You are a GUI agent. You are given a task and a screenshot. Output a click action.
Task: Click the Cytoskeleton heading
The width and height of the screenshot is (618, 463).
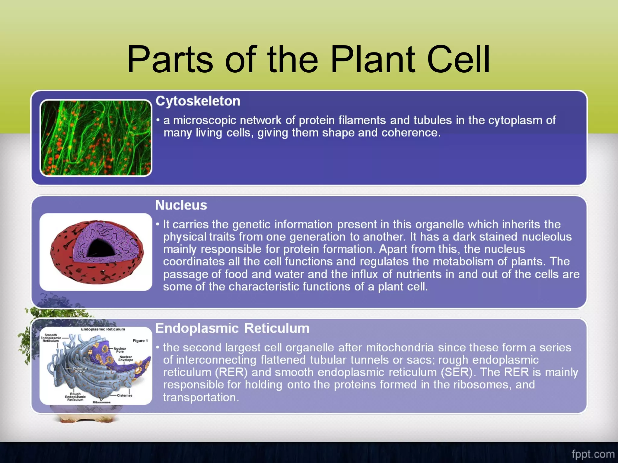pyautogui.click(x=198, y=101)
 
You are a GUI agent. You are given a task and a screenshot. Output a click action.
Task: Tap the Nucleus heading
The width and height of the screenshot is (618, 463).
pyautogui.click(x=181, y=205)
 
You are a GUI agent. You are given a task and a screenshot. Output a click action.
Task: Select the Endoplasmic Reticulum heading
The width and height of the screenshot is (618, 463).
pyautogui.click(x=232, y=328)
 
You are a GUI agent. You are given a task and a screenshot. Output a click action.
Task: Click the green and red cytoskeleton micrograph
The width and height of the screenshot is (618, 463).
pyautogui.click(x=96, y=138)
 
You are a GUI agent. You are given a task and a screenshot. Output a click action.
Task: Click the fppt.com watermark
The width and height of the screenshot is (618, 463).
pyautogui.click(x=593, y=454)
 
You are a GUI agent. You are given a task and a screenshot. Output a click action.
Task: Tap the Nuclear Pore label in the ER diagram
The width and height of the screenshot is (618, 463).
pyautogui.click(x=120, y=350)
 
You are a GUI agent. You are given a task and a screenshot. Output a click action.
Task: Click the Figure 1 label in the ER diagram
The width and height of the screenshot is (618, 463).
pyautogui.click(x=140, y=341)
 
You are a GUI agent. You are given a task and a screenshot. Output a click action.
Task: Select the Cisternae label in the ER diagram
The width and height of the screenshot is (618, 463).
pyautogui.click(x=124, y=395)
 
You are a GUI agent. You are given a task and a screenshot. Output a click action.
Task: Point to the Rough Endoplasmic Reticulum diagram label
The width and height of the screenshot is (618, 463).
pyautogui.click(x=75, y=397)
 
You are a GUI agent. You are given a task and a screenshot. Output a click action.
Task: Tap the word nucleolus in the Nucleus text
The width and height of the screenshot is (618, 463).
pyautogui.click(x=546, y=237)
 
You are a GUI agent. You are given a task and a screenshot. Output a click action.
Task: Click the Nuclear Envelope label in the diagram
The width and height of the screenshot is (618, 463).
pyautogui.click(x=126, y=358)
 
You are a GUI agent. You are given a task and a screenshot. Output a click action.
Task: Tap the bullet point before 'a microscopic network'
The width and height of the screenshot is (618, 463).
pyautogui.click(x=158, y=120)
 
